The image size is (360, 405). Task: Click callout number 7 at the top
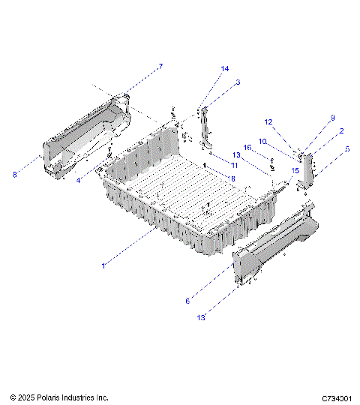point(160,67)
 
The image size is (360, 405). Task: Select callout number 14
point(224,69)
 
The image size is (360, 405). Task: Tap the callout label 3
point(237,82)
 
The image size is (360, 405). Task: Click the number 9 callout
point(332,117)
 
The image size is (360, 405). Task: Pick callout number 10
point(263,140)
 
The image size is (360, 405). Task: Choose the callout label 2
point(341,130)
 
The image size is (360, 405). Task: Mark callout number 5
point(347,148)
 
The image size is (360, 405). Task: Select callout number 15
point(295,170)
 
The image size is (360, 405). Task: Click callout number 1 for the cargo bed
point(103,264)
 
